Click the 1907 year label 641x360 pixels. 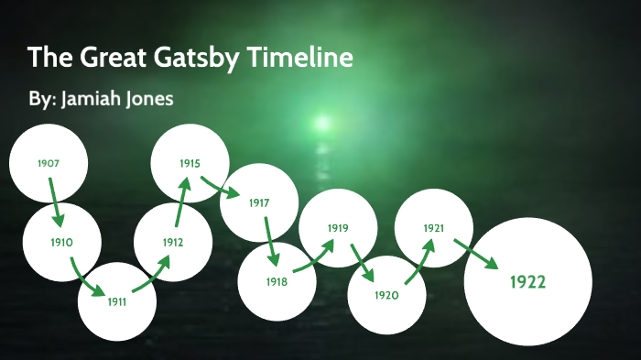(49, 163)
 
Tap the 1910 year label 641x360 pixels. (61, 243)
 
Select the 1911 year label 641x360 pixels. (116, 301)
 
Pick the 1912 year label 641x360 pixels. (173, 243)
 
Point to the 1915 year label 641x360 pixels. (190, 163)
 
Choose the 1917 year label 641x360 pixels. (259, 202)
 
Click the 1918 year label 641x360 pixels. (277, 282)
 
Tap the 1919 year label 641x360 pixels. (338, 227)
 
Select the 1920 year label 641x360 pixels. (386, 295)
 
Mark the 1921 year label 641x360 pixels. (433, 227)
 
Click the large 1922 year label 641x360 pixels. (527, 281)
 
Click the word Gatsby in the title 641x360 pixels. (213, 59)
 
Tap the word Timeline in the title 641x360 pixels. (306, 59)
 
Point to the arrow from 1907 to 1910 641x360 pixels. (55, 202)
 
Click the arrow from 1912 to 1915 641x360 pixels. (181, 202)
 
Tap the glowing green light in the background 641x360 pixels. (321, 122)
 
